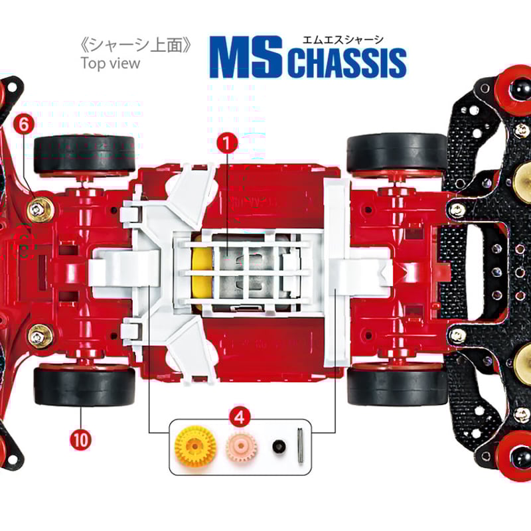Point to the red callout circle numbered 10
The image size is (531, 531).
tap(81, 438)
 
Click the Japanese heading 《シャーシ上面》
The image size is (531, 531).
tap(135, 45)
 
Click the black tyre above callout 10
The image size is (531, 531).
tap(84, 386)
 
